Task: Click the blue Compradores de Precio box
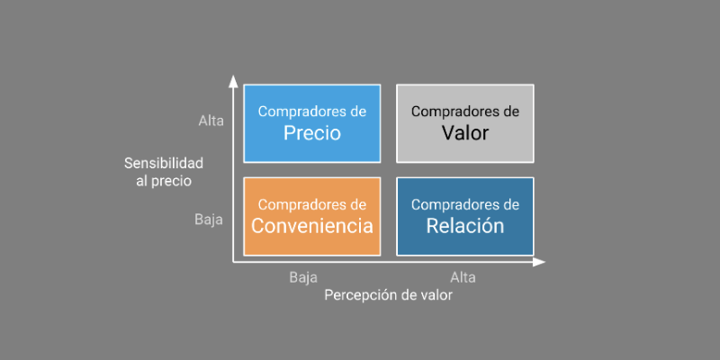pyautogui.click(x=311, y=123)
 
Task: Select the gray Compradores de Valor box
pyautogui.click(x=464, y=123)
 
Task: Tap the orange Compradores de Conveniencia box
pyautogui.click(x=311, y=216)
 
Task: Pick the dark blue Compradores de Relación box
pyautogui.click(x=464, y=216)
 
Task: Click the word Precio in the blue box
pyautogui.click(x=311, y=133)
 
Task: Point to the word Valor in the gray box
pyautogui.click(x=464, y=133)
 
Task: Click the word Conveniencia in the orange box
pyautogui.click(x=311, y=226)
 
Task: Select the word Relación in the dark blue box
pyautogui.click(x=464, y=226)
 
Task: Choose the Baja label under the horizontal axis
pyautogui.click(x=303, y=277)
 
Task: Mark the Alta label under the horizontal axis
pyautogui.click(x=462, y=277)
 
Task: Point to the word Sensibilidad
pyautogui.click(x=164, y=163)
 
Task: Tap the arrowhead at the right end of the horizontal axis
pyautogui.click(x=539, y=262)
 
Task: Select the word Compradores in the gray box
pyautogui.click(x=447, y=112)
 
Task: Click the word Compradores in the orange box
pyautogui.click(x=294, y=204)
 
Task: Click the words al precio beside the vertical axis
pyautogui.click(x=165, y=180)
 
